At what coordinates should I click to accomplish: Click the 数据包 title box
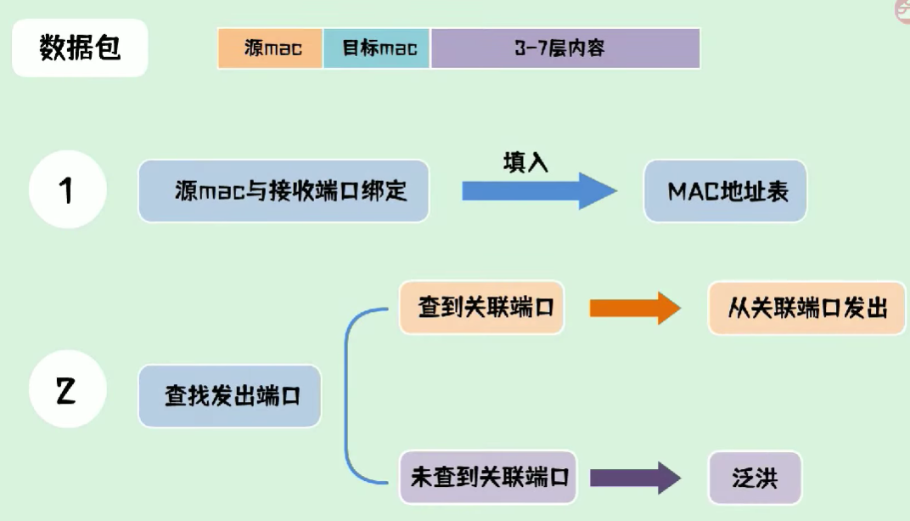click(80, 48)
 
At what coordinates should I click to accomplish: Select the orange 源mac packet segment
click(271, 48)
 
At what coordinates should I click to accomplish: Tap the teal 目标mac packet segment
click(377, 48)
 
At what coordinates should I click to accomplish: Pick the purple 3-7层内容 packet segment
click(565, 48)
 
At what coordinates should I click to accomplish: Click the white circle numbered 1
click(68, 190)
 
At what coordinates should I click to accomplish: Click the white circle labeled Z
click(68, 389)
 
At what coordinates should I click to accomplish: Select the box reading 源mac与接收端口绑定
click(284, 191)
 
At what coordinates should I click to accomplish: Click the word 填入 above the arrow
click(525, 162)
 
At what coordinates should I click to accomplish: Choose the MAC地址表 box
click(726, 191)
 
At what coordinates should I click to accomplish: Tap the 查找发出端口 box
click(230, 396)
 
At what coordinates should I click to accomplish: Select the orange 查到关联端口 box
click(481, 308)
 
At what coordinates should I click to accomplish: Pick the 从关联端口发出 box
click(806, 308)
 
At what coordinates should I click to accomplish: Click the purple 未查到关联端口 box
click(488, 478)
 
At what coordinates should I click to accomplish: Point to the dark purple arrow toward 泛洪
click(636, 478)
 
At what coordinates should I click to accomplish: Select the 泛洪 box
click(755, 478)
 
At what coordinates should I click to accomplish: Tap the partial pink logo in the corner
click(902, 10)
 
